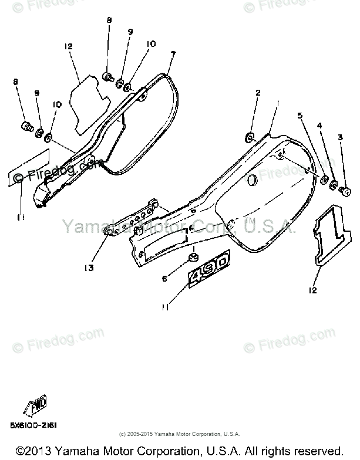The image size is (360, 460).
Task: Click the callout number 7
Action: click(x=173, y=54)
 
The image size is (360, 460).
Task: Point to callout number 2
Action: click(x=257, y=92)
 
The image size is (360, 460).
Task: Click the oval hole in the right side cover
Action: click(x=253, y=179)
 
